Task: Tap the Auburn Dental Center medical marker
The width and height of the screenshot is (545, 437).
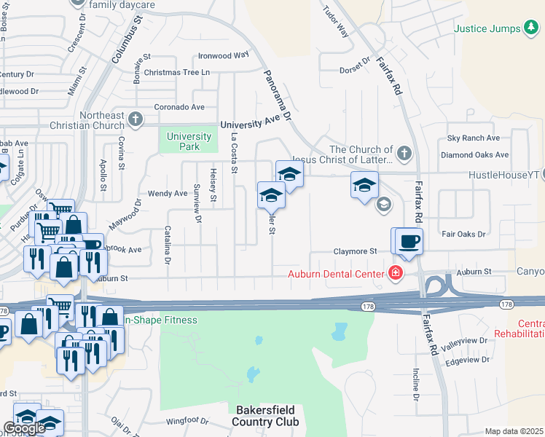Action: pos(395,274)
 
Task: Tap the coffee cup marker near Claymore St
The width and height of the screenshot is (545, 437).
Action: pos(409,241)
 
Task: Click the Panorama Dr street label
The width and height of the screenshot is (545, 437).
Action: pos(277,96)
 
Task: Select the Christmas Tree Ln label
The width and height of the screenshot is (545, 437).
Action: pos(176,72)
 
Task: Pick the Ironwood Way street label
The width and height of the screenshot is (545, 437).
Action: pos(224,55)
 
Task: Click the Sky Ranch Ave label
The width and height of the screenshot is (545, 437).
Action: pos(474,138)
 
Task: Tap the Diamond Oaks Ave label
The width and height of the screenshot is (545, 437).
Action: pos(474,154)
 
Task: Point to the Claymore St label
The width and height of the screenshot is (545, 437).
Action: pos(355,251)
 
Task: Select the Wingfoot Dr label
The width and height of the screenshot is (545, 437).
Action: pos(187,420)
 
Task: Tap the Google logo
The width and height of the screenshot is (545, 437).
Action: pos(24,428)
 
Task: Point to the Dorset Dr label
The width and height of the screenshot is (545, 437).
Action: pos(356,70)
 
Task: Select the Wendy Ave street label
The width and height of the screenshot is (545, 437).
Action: pos(168,193)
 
